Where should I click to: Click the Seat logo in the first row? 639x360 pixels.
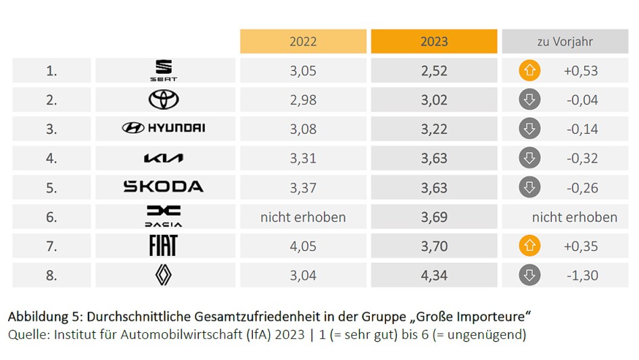(164, 70)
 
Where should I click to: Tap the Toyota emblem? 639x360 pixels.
(164, 100)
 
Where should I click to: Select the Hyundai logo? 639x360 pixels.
(164, 128)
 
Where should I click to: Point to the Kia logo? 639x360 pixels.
(164, 158)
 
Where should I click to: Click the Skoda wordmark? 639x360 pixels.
(164, 187)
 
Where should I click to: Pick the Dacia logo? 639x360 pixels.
(164, 217)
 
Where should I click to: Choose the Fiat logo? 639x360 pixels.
(163, 246)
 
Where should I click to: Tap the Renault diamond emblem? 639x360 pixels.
(164, 275)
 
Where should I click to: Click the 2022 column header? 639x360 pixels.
(303, 41)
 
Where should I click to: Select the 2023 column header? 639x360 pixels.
(434, 41)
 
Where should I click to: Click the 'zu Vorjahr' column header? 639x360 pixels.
(565, 41)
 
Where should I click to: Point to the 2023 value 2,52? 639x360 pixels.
(434, 70)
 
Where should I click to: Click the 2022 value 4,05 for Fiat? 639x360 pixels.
(303, 246)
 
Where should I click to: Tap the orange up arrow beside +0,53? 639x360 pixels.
(529, 70)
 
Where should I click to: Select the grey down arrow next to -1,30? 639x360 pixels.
(529, 275)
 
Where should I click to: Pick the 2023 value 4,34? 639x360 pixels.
(434, 275)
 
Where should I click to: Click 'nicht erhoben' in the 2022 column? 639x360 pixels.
(303, 217)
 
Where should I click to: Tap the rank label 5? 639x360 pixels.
(51, 187)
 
